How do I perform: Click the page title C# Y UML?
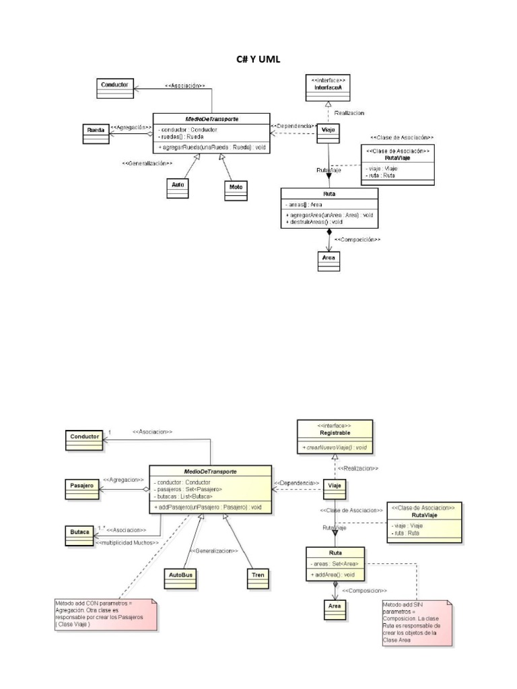tap(258, 60)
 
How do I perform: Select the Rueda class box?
tap(95, 133)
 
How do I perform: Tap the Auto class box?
tap(177, 187)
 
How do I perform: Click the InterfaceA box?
tap(327, 88)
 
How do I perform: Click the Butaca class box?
tap(79, 534)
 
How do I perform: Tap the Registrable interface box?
tap(335, 437)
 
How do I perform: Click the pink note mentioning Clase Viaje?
tap(106, 614)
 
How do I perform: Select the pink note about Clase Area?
tap(416, 622)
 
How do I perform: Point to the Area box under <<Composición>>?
tap(329, 260)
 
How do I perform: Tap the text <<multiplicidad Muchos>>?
tap(127, 542)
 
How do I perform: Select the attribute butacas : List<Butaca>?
tap(183, 497)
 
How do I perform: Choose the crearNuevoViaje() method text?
tap(334, 447)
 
